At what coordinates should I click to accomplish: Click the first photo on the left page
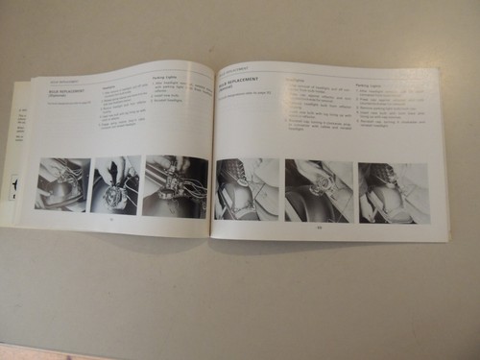pyautogui.click(x=62, y=183)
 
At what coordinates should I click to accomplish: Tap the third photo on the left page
pyautogui.click(x=175, y=186)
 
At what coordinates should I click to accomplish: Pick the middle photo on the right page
pyautogui.click(x=318, y=191)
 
